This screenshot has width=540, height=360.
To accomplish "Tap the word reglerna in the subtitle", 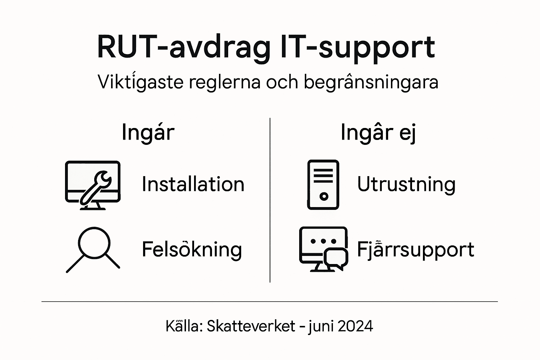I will pyautogui.click(x=224, y=82).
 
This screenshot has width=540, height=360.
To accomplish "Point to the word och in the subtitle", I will pyautogui.click(x=281, y=82).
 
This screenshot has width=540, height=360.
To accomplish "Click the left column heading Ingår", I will pyautogui.click(x=148, y=133).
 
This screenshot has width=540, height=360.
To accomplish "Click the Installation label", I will pyautogui.click(x=193, y=184).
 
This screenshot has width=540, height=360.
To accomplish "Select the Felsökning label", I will pyautogui.click(x=192, y=250).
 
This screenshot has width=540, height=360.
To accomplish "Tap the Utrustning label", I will pyautogui.click(x=406, y=184).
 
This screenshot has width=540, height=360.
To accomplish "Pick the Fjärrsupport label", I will pyautogui.click(x=416, y=250).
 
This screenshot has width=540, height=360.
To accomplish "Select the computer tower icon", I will pyautogui.click(x=323, y=185).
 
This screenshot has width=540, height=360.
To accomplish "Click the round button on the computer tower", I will pyautogui.click(x=324, y=196).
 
